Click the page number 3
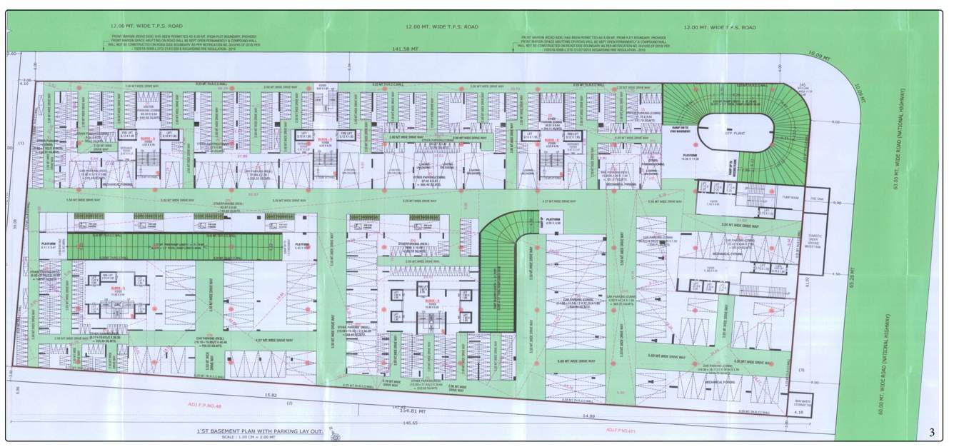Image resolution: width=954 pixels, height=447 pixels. pyautogui.click(x=932, y=433)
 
